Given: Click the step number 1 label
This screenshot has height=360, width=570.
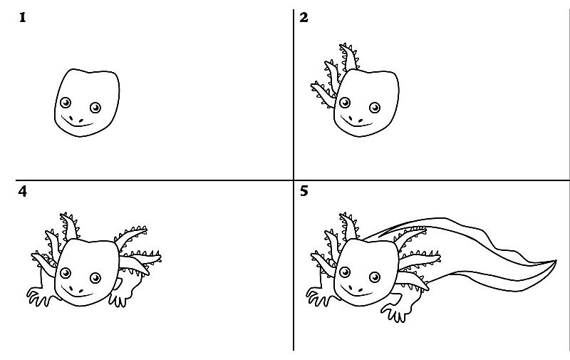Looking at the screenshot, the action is pos(23,17).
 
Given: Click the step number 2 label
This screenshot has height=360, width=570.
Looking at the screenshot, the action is pos(304,17).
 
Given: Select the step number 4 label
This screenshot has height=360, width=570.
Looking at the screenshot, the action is pos(23,191).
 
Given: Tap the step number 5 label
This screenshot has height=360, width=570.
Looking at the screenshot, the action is pos(304,191).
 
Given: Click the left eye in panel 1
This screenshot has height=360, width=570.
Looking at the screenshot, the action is pos(66,103).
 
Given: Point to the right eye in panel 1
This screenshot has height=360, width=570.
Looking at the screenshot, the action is pos(95,108).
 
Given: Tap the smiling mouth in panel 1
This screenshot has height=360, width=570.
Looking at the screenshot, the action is pos(77,122).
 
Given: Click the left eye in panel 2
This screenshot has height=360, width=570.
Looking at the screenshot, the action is pos(345,103).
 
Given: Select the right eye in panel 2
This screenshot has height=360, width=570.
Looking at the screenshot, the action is pos(375,108).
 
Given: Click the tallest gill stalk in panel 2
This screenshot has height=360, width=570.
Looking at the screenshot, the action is pos(350,57).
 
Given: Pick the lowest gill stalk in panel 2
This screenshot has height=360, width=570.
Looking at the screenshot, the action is pos(323,94).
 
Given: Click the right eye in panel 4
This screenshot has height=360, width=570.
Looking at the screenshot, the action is pos(95,278).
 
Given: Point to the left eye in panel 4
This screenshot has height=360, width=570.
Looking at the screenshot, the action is pos(66,273).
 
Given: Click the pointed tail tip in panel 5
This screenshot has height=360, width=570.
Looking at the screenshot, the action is pos(556,261).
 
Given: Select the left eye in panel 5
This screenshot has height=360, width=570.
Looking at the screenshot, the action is pos(345,272).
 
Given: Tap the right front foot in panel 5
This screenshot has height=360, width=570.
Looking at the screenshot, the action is pos(394,314).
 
